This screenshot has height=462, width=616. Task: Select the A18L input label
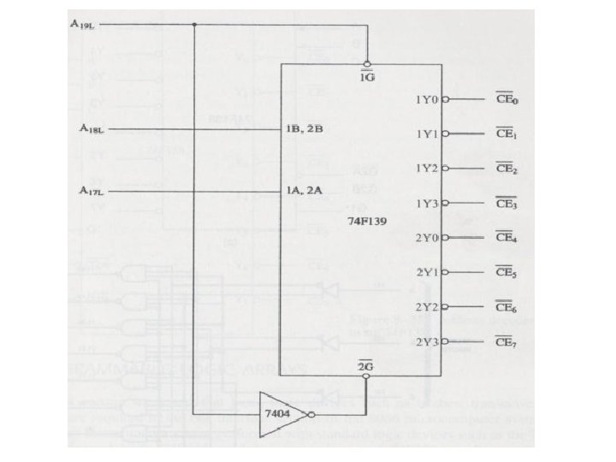pyautogui.click(x=91, y=129)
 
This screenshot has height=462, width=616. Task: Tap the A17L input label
pyautogui.click(x=91, y=191)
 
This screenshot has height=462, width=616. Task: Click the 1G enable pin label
pyautogui.click(x=365, y=77)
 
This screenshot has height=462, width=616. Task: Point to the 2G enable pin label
pyautogui.click(x=365, y=365)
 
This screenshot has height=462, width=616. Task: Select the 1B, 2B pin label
pyautogui.click(x=302, y=129)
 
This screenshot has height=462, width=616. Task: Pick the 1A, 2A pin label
pyautogui.click(x=303, y=191)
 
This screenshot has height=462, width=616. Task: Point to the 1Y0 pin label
pyautogui.click(x=426, y=100)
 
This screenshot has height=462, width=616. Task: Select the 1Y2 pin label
pyautogui.click(x=426, y=169)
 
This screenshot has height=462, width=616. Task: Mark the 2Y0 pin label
pyautogui.click(x=426, y=238)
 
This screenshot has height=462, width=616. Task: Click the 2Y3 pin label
pyautogui.click(x=426, y=342)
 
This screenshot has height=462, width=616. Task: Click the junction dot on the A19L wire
pyautogui.click(x=194, y=24)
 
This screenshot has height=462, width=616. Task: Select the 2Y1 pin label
pyautogui.click(x=426, y=273)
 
